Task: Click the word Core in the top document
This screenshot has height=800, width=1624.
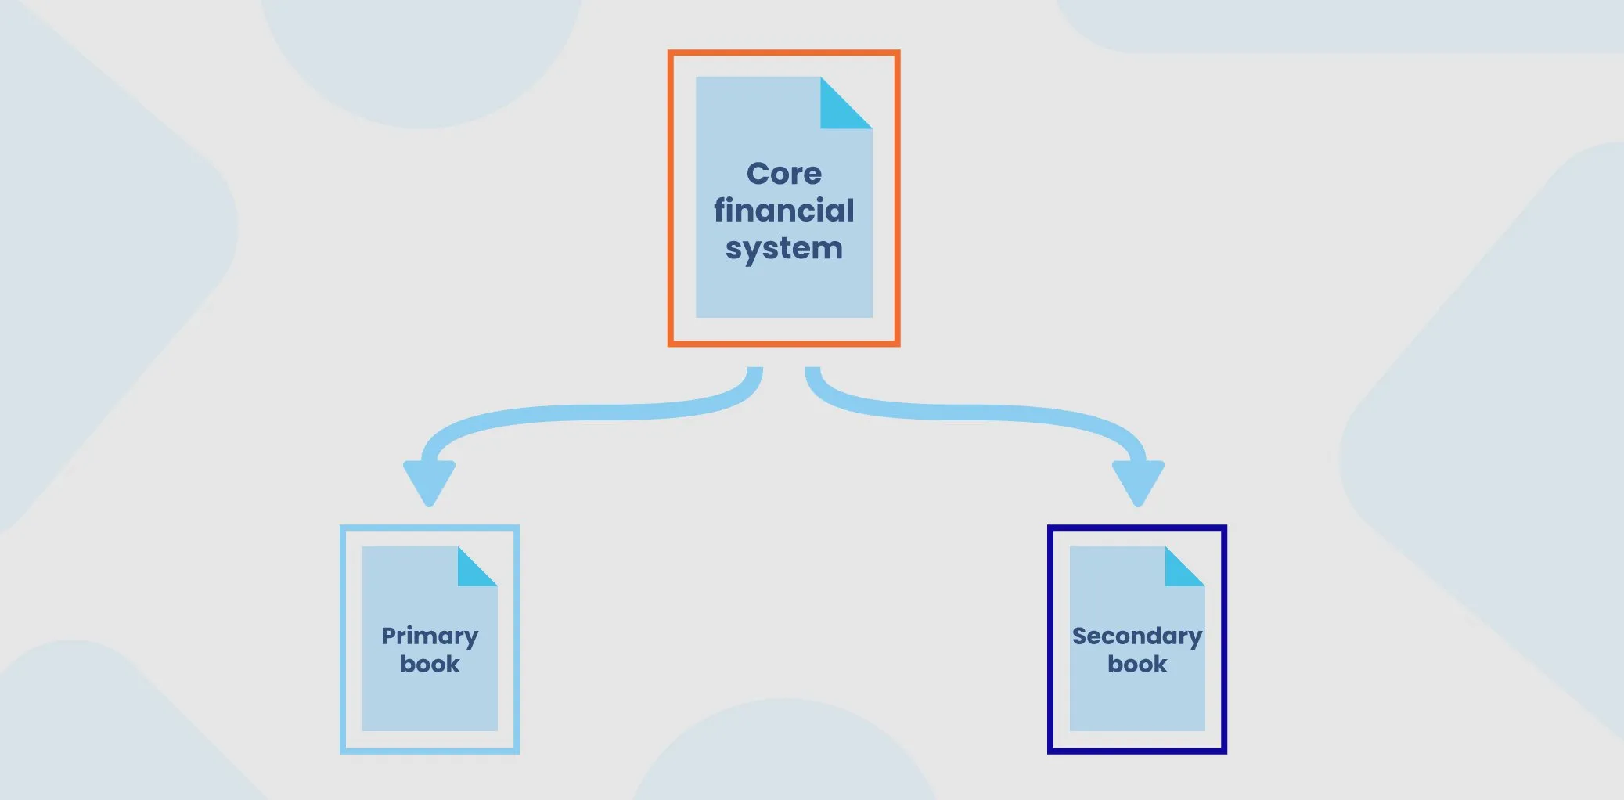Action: tap(783, 174)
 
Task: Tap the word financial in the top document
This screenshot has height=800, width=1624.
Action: tap(783, 211)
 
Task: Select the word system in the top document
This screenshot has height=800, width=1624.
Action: tap(783, 249)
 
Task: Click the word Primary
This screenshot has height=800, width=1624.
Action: tap(430, 636)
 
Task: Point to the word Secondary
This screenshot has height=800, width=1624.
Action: tap(1136, 636)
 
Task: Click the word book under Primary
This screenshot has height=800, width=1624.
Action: tap(430, 664)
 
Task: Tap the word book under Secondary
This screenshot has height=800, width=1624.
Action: tap(1136, 664)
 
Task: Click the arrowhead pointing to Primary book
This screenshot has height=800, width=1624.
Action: tap(429, 480)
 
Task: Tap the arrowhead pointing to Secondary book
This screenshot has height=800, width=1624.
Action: tap(1138, 480)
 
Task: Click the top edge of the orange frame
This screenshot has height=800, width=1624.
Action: tap(783, 53)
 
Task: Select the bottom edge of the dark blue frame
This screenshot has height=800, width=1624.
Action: tap(1136, 751)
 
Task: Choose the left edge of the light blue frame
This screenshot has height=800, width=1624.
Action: tap(343, 639)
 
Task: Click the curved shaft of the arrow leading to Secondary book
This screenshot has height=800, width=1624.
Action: tap(978, 412)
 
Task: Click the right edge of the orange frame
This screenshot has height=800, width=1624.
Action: tap(897, 198)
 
